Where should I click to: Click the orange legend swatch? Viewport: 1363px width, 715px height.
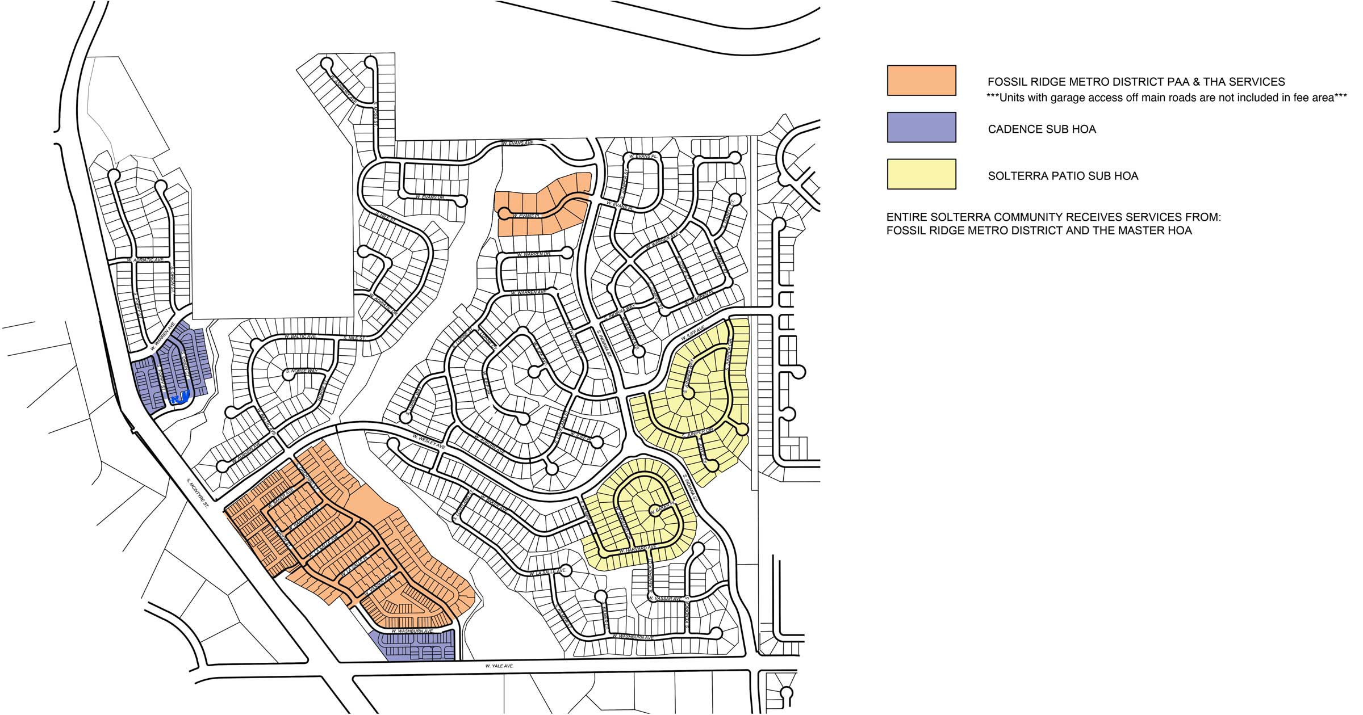pyautogui.click(x=921, y=80)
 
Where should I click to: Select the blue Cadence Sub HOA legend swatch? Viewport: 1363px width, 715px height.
pyautogui.click(x=921, y=127)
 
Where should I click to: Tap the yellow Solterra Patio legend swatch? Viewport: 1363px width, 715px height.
pyautogui.click(x=921, y=174)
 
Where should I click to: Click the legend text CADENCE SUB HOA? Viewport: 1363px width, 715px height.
pyautogui.click(x=1042, y=129)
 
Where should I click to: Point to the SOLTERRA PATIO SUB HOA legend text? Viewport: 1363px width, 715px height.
pyautogui.click(x=1063, y=176)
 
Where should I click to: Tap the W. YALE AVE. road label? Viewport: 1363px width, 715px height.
pyautogui.click(x=499, y=666)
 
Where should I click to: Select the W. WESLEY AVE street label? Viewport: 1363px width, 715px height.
pyautogui.click(x=429, y=442)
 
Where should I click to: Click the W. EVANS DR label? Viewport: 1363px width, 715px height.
pyautogui.click(x=429, y=197)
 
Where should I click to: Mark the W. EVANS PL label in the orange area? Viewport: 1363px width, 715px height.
pyautogui.click(x=525, y=216)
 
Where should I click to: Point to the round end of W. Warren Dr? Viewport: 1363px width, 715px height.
pyautogui.click(x=566, y=253)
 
